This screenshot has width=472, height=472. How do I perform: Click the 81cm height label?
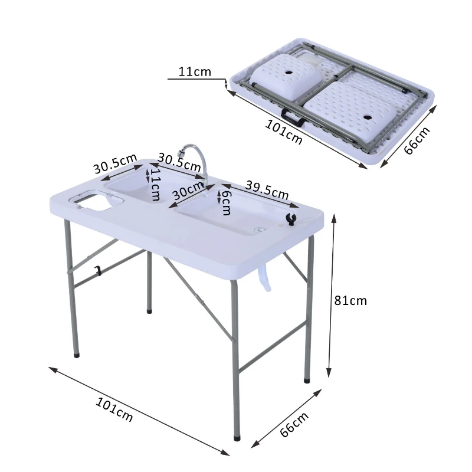pyautogui.click(x=350, y=300)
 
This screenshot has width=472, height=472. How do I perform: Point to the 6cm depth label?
pyautogui.click(x=225, y=202)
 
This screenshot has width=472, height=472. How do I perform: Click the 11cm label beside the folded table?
pyautogui.click(x=195, y=72)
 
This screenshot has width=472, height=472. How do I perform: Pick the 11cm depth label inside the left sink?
pyautogui.click(x=155, y=183)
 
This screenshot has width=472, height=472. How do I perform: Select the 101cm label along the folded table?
pyautogui.click(x=284, y=132)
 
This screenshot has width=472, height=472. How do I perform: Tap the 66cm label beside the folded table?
pyautogui.click(x=417, y=140)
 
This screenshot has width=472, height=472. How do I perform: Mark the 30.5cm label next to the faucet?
pyautogui.click(x=179, y=159)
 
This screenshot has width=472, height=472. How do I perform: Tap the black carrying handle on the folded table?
pyautogui.click(x=292, y=117)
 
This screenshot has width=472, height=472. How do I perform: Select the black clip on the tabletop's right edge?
pyautogui.click(x=289, y=219)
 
